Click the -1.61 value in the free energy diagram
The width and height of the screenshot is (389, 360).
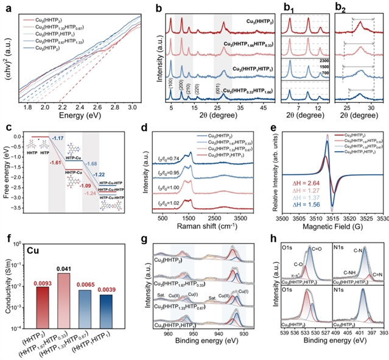[x=38, y=163]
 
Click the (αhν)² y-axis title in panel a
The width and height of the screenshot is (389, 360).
[x=8, y=53]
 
